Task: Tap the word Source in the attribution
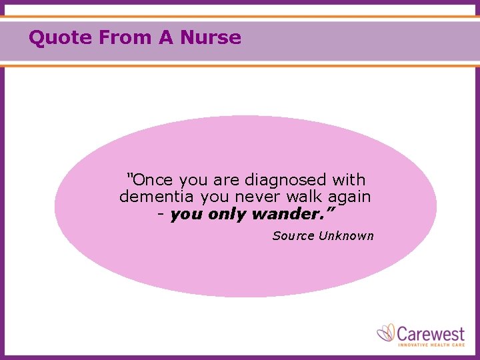(x=293, y=236)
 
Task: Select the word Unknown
(x=346, y=236)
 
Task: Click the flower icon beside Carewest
(x=386, y=333)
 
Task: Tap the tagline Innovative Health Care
(x=431, y=344)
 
